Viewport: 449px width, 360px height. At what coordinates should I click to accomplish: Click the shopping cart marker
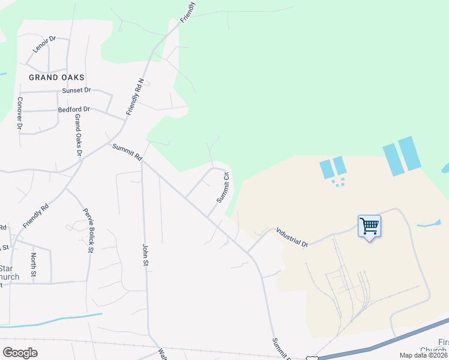[x=369, y=227]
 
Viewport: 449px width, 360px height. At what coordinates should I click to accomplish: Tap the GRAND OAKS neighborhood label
[x=56, y=77]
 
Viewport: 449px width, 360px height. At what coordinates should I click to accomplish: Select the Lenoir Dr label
[x=44, y=45]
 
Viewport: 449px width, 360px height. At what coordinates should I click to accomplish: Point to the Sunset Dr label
[x=76, y=90]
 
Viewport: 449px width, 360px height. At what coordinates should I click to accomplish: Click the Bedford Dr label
[x=74, y=109]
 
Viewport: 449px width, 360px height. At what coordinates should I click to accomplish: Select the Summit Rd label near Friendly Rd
[x=127, y=152]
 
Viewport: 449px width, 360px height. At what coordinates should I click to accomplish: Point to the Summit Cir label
[x=223, y=187]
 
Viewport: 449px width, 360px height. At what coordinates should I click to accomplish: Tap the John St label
[x=145, y=254]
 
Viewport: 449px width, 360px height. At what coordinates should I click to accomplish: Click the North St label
[x=33, y=266]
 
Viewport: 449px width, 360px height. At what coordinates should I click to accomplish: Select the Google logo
[x=20, y=352]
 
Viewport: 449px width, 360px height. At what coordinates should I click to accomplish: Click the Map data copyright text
[x=423, y=355]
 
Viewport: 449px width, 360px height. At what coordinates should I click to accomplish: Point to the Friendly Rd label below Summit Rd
[x=35, y=217]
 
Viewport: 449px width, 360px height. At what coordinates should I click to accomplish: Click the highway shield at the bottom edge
[x=312, y=358]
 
